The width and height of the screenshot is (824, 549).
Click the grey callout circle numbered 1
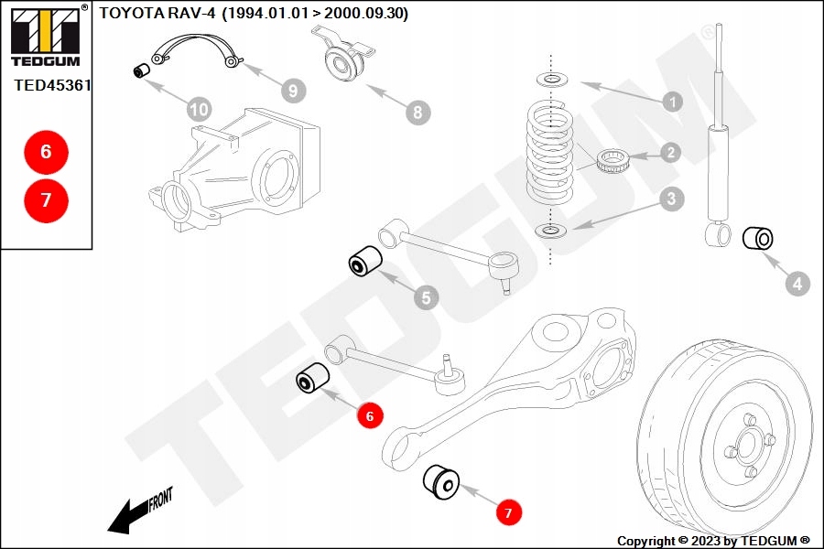(672, 102)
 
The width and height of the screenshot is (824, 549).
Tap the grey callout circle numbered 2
(670, 153)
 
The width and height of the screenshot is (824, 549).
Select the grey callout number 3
(672, 199)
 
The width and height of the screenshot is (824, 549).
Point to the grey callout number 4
(797, 284)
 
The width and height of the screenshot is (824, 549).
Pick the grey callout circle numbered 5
(426, 298)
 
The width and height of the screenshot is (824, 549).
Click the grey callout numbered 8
(417, 112)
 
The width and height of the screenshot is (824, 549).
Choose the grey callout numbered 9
(293, 91)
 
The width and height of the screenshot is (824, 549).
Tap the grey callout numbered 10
(200, 109)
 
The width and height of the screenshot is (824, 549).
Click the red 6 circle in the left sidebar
(47, 152)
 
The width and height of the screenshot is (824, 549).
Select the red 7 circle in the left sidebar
(47, 200)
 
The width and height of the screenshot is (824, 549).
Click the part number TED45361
(52, 85)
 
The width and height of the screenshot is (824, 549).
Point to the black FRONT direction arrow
(139, 511)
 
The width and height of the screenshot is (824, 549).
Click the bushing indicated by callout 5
(365, 260)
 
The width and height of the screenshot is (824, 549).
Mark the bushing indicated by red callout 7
(441, 481)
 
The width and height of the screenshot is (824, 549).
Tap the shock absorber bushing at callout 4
(757, 239)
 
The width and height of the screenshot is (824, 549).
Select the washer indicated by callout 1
(552, 80)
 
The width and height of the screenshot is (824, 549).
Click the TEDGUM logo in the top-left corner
(46, 36)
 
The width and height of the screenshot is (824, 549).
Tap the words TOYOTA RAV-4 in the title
(157, 13)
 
